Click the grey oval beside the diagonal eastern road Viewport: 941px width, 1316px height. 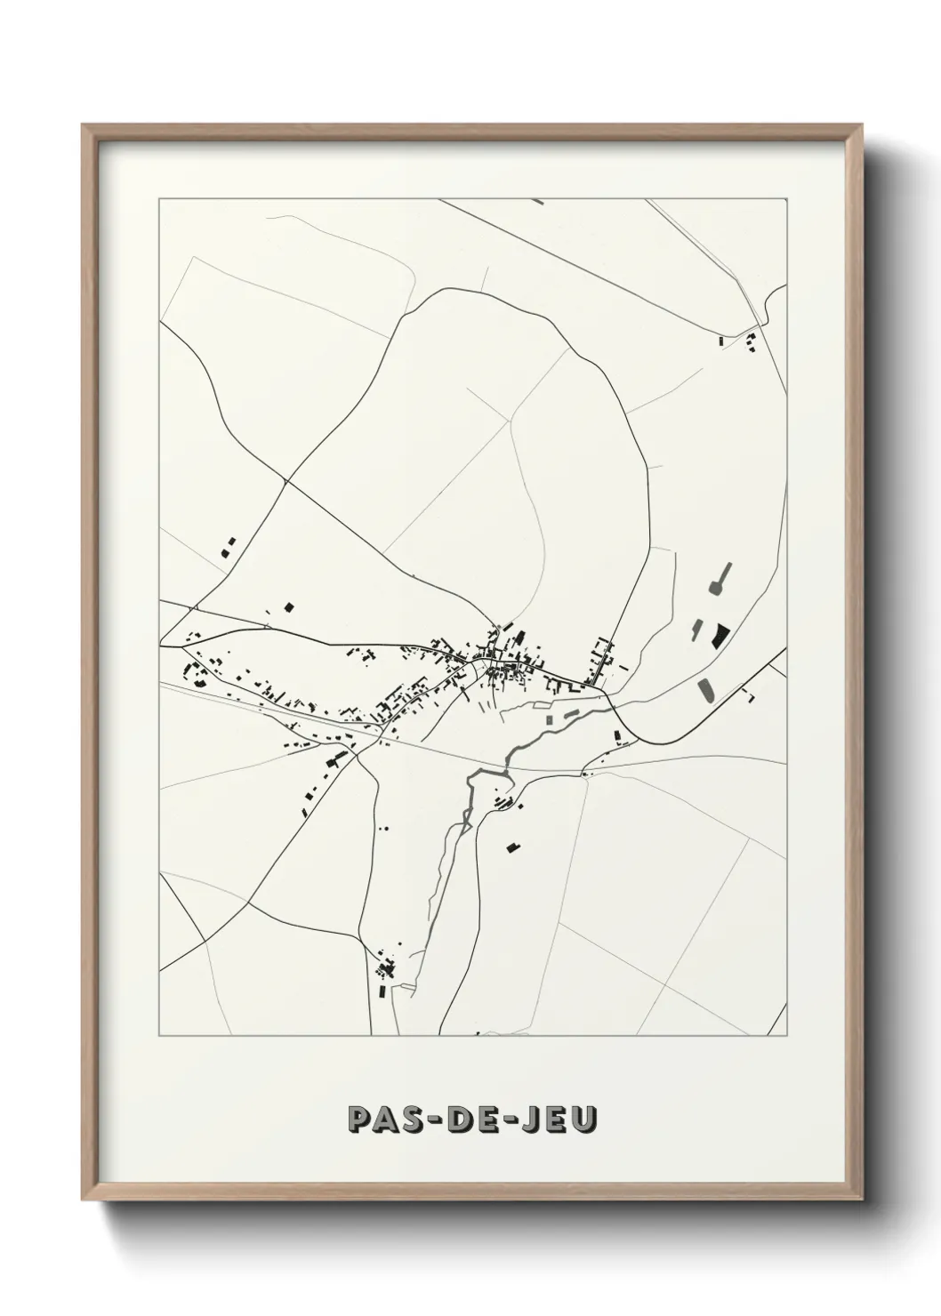click(x=706, y=689)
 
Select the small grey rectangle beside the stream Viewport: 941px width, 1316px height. click(x=549, y=717)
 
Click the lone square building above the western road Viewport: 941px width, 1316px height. click(x=288, y=606)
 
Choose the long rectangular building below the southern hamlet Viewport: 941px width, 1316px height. click(x=382, y=990)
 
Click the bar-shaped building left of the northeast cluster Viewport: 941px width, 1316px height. click(x=722, y=340)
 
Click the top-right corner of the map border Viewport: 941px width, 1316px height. click(x=786, y=199)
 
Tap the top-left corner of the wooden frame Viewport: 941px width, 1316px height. click(x=83, y=124)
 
